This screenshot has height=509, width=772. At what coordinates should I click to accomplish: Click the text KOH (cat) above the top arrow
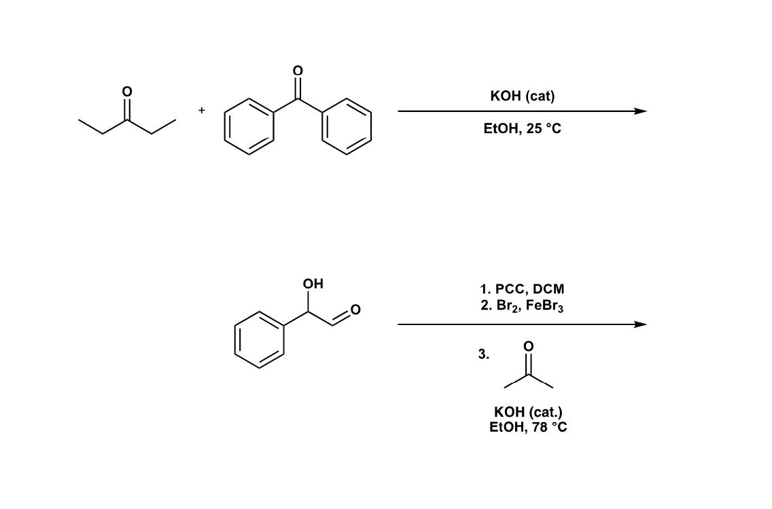pos(522,96)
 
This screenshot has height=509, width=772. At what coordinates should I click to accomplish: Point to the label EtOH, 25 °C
pos(522,128)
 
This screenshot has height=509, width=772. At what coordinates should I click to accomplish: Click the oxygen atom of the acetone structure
pos(528,347)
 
